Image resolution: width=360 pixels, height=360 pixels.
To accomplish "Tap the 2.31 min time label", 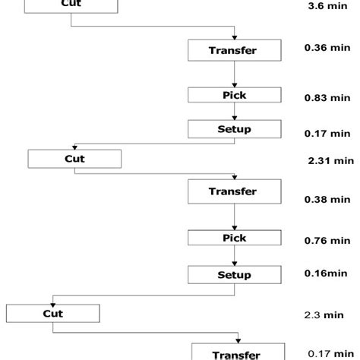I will click(331, 160).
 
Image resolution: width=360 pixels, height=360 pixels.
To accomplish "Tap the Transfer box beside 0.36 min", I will click(233, 50).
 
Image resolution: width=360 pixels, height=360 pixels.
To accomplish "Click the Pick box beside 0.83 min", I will click(233, 95).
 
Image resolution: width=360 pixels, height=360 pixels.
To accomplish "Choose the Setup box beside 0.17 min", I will click(233, 128).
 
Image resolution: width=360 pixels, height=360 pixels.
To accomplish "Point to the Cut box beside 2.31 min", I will click(74, 159).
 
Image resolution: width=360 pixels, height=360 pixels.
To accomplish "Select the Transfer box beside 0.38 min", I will click(233, 191).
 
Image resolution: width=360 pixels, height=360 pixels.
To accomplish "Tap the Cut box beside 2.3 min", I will click(52, 312).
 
